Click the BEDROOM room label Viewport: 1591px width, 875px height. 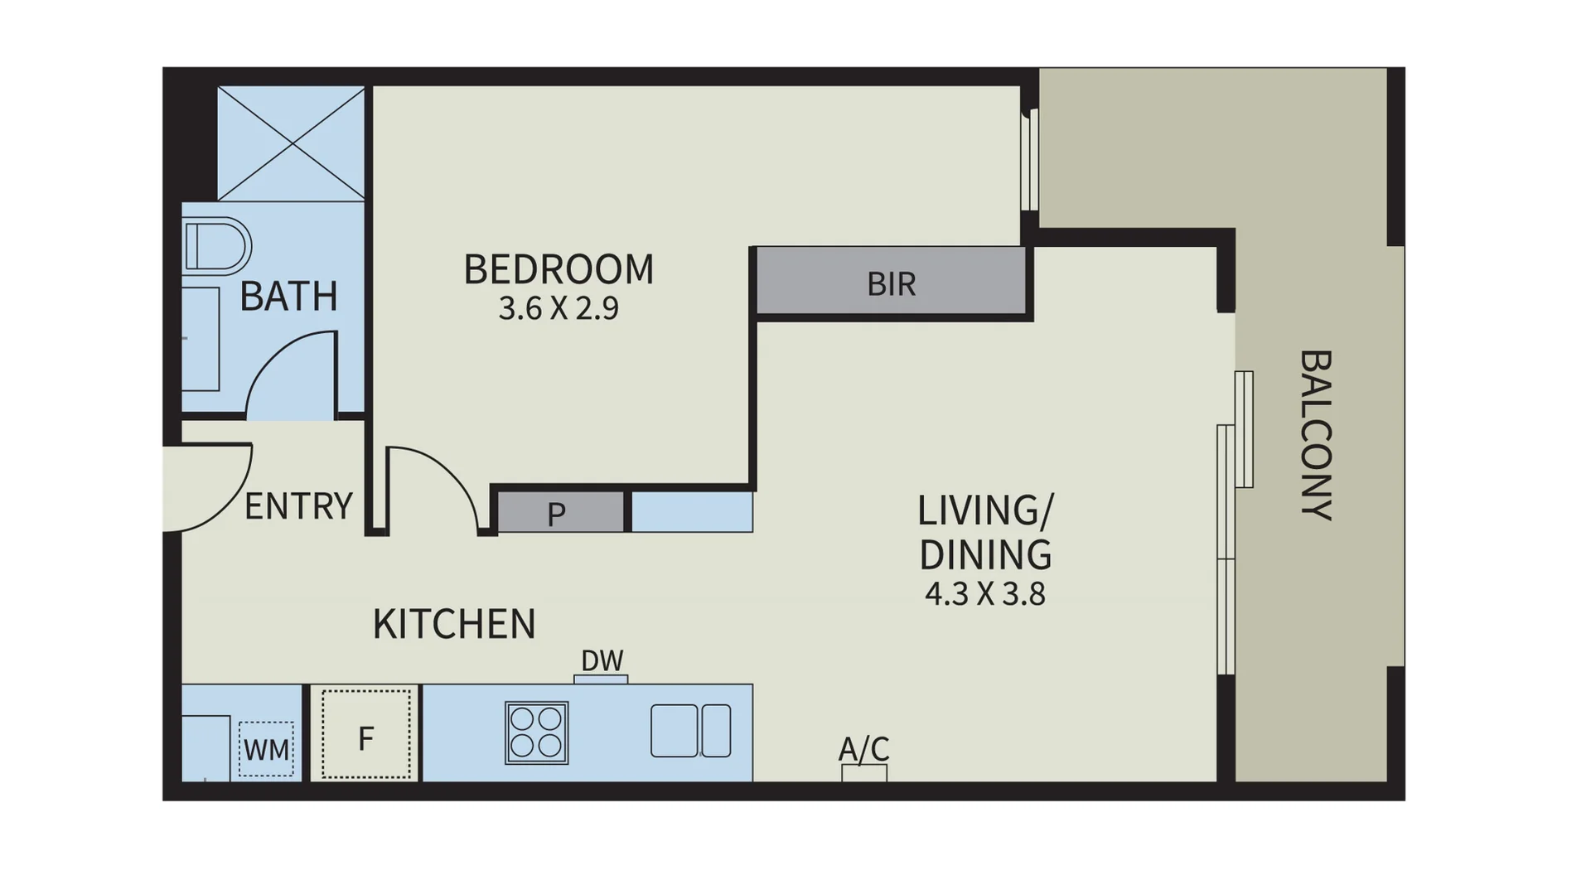pos(559,270)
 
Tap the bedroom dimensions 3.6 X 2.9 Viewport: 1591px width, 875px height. pos(559,309)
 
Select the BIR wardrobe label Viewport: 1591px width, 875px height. pos(892,284)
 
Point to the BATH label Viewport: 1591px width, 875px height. pos(288,297)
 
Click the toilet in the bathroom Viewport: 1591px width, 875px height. pos(216,246)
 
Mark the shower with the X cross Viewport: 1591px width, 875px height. pos(291,143)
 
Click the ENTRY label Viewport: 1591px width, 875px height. pos(298,505)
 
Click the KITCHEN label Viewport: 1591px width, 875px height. pos(454,624)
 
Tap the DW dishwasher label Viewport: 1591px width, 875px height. pos(602,660)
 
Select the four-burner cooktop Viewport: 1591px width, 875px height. pos(536,732)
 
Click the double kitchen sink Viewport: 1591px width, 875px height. pos(690,731)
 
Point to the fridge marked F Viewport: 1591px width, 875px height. pos(365,736)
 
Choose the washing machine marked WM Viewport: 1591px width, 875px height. pos(266,749)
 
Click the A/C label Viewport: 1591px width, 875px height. pos(863,749)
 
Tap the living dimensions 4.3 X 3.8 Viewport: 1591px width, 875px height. pos(984,594)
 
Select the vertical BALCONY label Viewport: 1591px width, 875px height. pos(1315,435)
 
